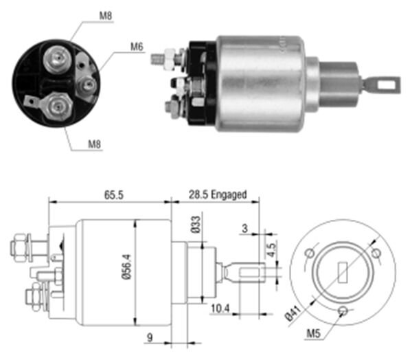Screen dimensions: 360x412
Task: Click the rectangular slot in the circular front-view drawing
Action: click(x=343, y=273)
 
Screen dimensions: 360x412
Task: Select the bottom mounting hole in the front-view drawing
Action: click(x=343, y=311)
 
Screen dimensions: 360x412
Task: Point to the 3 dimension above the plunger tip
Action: click(x=244, y=228)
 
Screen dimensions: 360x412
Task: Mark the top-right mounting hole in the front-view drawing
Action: click(x=376, y=254)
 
